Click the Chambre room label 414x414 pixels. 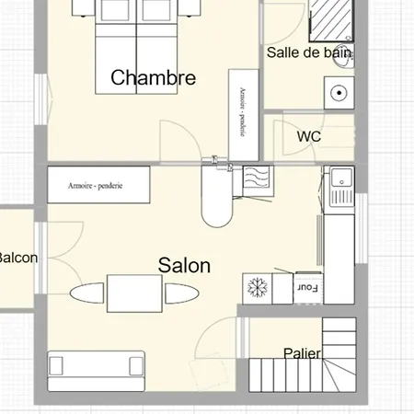pos(153,77)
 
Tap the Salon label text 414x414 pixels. pos(184,266)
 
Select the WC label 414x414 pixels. pos(309,136)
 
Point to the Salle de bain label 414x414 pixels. pos(309,53)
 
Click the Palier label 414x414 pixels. pos(302,353)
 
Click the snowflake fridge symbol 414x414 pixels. pos(258,287)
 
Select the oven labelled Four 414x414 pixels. pos(308,287)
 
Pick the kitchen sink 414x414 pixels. pos(339,187)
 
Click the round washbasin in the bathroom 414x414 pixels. pos(338,92)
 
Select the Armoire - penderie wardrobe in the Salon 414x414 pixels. pos(98,185)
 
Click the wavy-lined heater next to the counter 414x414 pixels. pos(255,180)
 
